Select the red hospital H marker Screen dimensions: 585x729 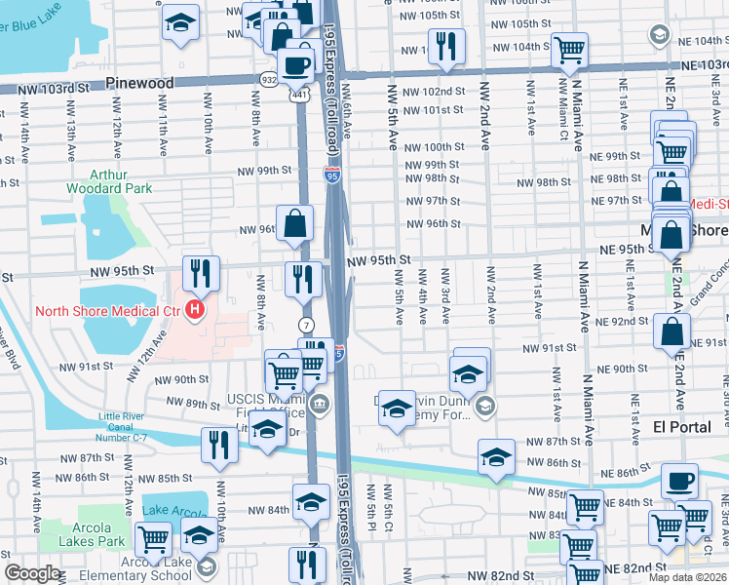click(x=195, y=311)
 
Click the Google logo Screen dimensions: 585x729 click(x=32, y=573)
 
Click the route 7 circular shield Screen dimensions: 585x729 click(x=305, y=323)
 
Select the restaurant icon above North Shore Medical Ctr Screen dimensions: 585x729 click(x=201, y=274)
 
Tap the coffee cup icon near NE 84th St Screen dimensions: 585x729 click(x=679, y=481)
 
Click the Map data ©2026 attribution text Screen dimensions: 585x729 click(x=687, y=577)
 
